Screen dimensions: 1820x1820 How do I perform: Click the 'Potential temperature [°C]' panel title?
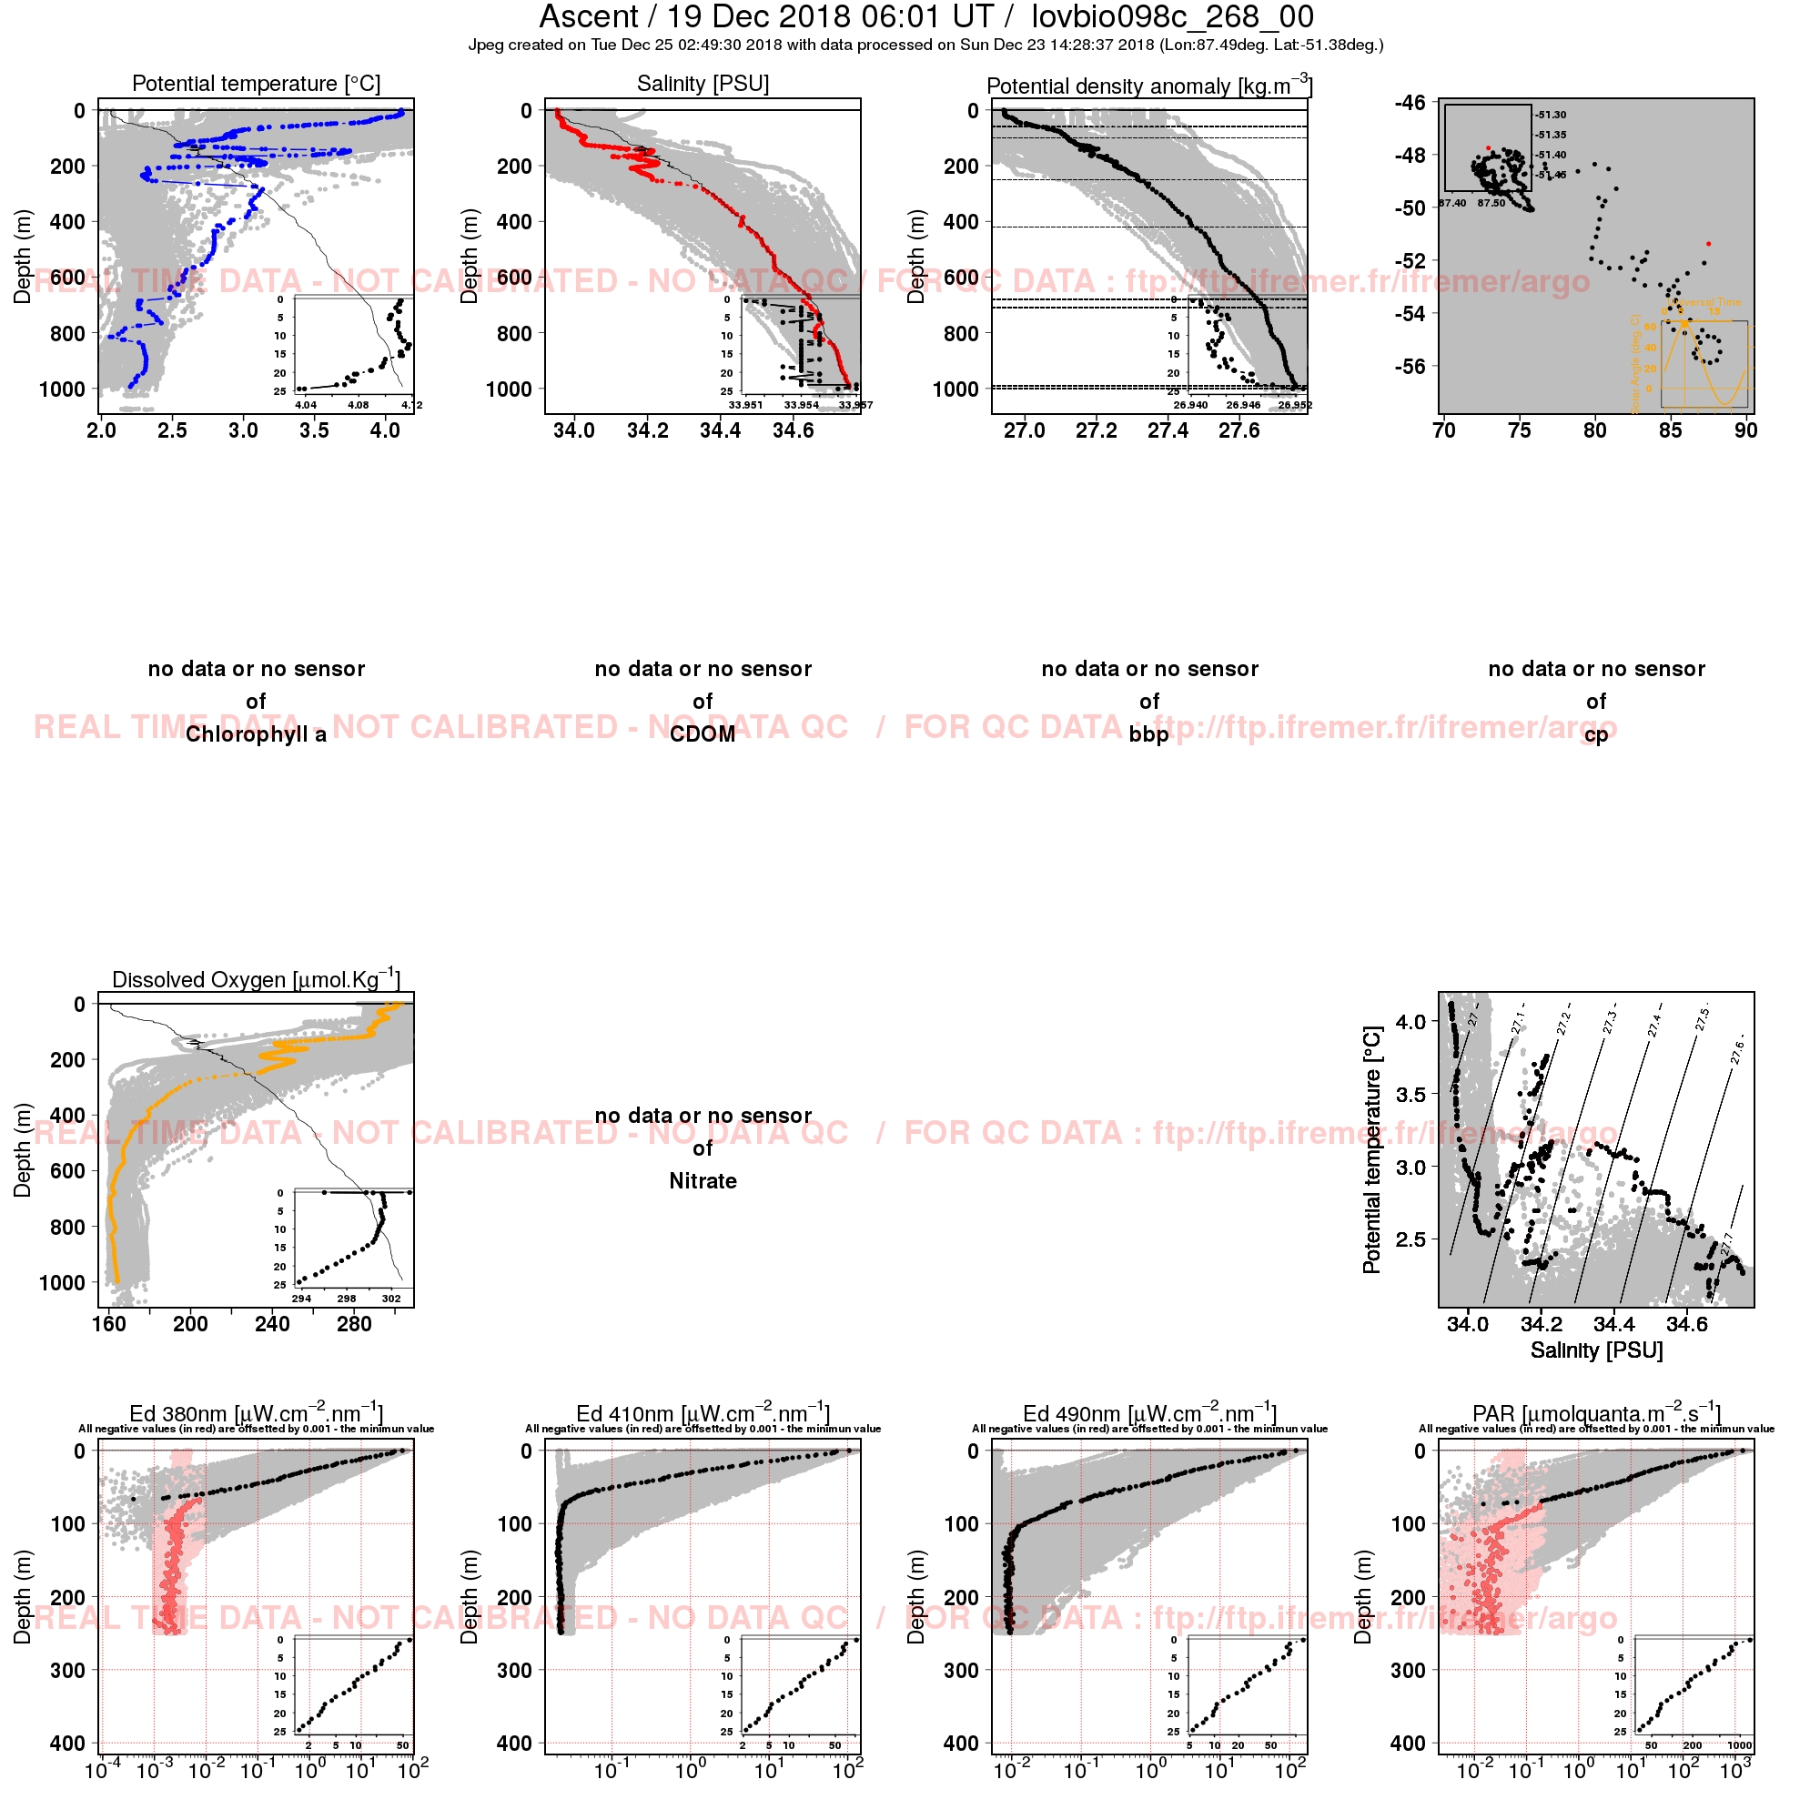[257, 84]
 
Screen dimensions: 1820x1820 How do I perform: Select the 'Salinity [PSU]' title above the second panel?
[703, 84]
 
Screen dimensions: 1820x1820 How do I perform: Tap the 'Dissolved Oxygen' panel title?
[257, 979]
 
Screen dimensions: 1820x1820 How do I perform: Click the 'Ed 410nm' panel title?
[703, 1414]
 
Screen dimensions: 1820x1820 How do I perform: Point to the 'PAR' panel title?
[1597, 1414]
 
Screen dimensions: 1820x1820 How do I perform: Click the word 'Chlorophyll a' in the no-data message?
[257, 734]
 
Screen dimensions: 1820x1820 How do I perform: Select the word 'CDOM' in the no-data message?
[703, 734]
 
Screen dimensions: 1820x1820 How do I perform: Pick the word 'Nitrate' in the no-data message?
[703, 1181]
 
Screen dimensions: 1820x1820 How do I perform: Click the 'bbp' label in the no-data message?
[1149, 734]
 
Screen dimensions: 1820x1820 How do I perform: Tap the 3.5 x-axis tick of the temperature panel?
[315, 430]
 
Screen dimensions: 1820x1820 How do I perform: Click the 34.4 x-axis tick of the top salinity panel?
[721, 430]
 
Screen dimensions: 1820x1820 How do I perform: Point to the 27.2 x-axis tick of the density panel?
[1097, 430]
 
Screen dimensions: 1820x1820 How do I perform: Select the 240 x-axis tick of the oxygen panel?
[272, 1323]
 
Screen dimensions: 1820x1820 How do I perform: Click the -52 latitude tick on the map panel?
[1412, 260]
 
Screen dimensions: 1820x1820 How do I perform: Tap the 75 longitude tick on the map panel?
[1520, 430]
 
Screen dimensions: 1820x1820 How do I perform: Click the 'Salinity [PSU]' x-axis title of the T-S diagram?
[1597, 1350]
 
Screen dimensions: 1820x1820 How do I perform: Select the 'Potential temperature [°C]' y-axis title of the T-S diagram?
[1371, 1150]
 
